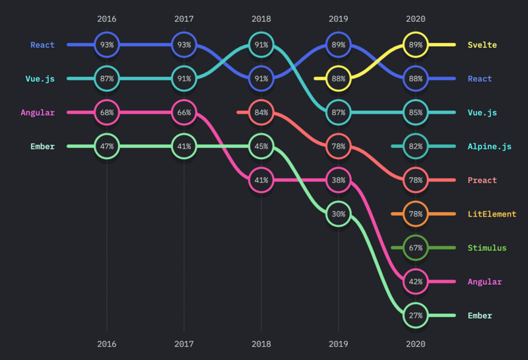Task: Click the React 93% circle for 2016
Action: [x=107, y=45]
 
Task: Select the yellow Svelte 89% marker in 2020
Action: [x=416, y=45]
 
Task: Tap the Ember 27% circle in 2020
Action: [x=416, y=316]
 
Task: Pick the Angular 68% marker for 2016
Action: [x=107, y=112]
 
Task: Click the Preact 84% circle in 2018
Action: [x=261, y=112]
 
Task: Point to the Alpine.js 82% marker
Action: [x=416, y=146]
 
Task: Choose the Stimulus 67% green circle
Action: [x=416, y=248]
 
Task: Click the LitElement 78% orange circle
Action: [x=416, y=214]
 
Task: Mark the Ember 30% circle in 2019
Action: [x=339, y=214]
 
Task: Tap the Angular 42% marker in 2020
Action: [x=416, y=281]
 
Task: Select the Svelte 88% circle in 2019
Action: [x=339, y=79]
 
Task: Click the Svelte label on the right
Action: [x=482, y=45]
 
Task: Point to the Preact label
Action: [x=482, y=180]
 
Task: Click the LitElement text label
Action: [x=492, y=214]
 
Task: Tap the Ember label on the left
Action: [x=42, y=146]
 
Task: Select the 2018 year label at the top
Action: [x=261, y=19]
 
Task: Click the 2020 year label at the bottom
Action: [x=416, y=344]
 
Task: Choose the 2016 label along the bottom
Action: [x=107, y=344]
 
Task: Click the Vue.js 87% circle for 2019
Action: [x=339, y=112]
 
